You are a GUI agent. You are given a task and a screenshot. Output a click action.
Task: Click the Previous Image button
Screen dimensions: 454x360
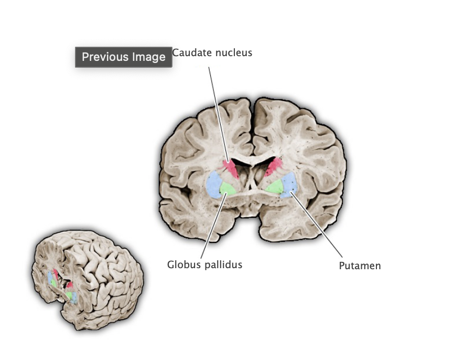[x=123, y=57]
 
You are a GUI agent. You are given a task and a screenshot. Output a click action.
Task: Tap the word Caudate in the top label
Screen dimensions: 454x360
[x=190, y=53]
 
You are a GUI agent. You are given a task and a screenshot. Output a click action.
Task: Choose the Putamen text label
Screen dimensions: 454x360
[x=360, y=266]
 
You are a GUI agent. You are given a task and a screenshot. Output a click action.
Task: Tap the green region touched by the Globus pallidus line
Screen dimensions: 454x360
[x=228, y=188]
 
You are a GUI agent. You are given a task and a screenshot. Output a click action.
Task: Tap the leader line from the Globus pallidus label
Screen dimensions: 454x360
[x=212, y=226]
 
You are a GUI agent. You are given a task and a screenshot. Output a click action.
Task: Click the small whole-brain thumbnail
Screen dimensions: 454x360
[x=87, y=281]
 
